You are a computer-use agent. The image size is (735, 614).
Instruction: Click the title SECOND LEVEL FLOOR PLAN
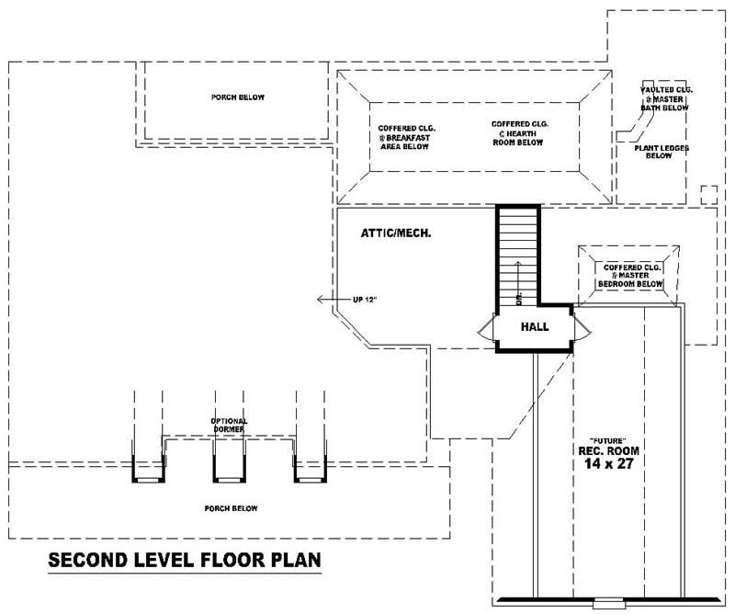(184, 560)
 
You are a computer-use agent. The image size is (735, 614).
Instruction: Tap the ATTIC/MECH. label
(397, 234)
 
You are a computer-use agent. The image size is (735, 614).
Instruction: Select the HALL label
(535, 326)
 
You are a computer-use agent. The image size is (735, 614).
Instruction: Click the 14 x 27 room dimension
(607, 465)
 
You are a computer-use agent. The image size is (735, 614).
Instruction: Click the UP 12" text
(365, 299)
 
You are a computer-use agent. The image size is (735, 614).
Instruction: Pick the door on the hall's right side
(579, 327)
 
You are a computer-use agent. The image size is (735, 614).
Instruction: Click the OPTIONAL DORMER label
(230, 425)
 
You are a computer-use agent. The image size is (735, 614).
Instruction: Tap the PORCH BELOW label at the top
(232, 97)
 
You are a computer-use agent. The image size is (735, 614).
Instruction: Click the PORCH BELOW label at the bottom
(232, 508)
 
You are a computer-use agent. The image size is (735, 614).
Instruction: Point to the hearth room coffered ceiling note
(514, 132)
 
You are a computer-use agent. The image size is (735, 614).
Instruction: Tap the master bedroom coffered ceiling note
(629, 276)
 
